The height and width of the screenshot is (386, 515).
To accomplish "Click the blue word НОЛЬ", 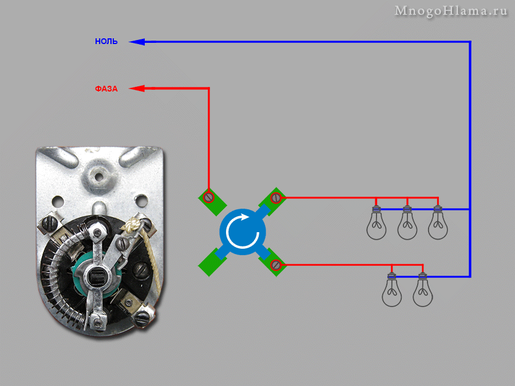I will (x=106, y=42).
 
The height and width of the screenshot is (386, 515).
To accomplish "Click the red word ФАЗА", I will (x=106, y=89).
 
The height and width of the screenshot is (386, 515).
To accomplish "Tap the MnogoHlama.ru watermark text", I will (x=451, y=11).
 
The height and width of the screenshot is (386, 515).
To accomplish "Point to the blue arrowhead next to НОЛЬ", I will (x=137, y=42).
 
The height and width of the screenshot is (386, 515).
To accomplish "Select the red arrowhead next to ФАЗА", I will (x=137, y=88).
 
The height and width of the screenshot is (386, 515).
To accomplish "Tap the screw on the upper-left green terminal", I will (x=209, y=198).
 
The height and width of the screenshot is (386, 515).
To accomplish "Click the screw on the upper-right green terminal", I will (x=276, y=198).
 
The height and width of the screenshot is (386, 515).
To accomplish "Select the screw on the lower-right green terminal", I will (x=276, y=265).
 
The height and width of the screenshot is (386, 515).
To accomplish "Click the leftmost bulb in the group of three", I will (x=376, y=222).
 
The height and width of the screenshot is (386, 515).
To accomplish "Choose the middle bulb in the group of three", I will (x=407, y=222).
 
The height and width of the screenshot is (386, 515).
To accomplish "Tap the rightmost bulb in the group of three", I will (x=438, y=222).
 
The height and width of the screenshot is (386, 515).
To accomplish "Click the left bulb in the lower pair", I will (x=392, y=290).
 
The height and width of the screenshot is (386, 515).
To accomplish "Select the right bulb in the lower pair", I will (x=423, y=290).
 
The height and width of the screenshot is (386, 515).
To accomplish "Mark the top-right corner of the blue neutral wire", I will (x=470, y=42).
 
